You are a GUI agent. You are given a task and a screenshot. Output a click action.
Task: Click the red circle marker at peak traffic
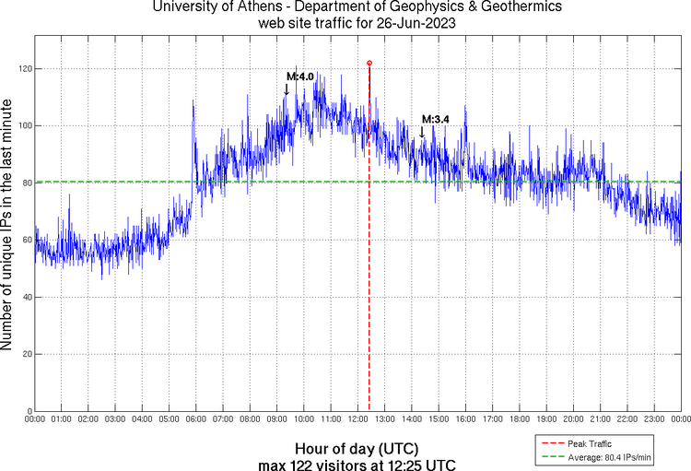pos(369,63)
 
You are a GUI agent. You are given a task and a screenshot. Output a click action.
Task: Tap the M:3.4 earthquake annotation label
pos(435,119)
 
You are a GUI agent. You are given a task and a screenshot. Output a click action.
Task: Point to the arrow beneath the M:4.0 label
pos(287,89)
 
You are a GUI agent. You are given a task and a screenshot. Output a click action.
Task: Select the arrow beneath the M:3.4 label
pos(422,132)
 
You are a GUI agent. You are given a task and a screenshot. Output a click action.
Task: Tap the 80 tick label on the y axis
pos(27,183)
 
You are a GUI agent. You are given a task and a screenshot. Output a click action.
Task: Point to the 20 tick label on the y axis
pos(27,354)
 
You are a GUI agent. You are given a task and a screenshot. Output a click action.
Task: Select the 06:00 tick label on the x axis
pos(196,418)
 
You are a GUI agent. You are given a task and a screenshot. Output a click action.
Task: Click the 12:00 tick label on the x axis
pos(357,418)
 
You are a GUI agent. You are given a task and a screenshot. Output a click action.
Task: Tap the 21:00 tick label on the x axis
pos(600,418)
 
